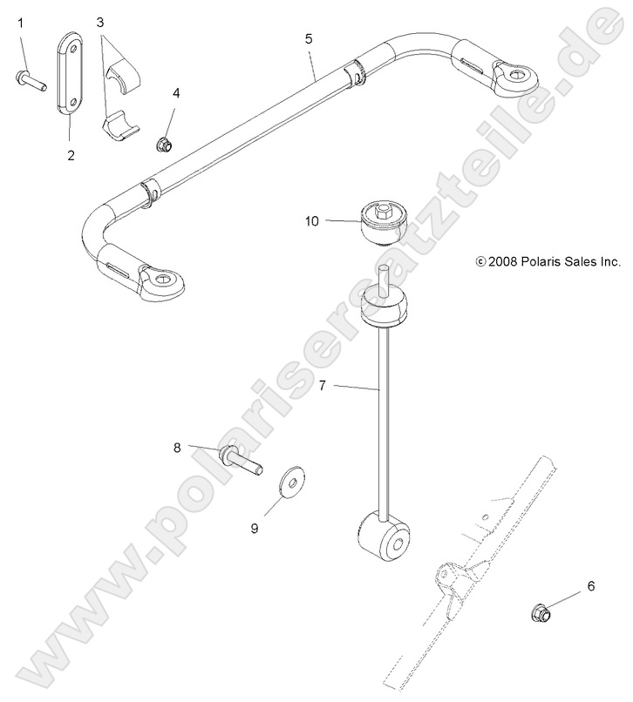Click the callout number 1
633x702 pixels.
tap(20, 24)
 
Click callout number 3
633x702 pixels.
tap(100, 21)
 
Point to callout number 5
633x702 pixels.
tap(309, 39)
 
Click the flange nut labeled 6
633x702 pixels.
tap(539, 614)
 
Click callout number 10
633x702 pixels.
tap(312, 222)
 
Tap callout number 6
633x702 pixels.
tap(590, 586)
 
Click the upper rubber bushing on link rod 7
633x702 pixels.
tap(385, 309)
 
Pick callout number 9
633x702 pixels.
tap(255, 528)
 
